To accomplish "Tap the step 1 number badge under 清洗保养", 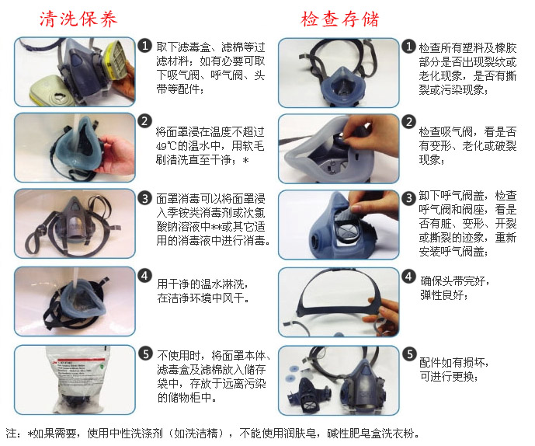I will click(144, 45).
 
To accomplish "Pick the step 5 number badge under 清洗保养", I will click(144, 353).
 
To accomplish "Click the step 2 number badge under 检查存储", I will click(408, 122).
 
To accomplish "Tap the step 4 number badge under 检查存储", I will click(408, 276).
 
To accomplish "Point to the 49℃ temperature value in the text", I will click(168, 146).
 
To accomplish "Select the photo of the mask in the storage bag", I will click(74, 381).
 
